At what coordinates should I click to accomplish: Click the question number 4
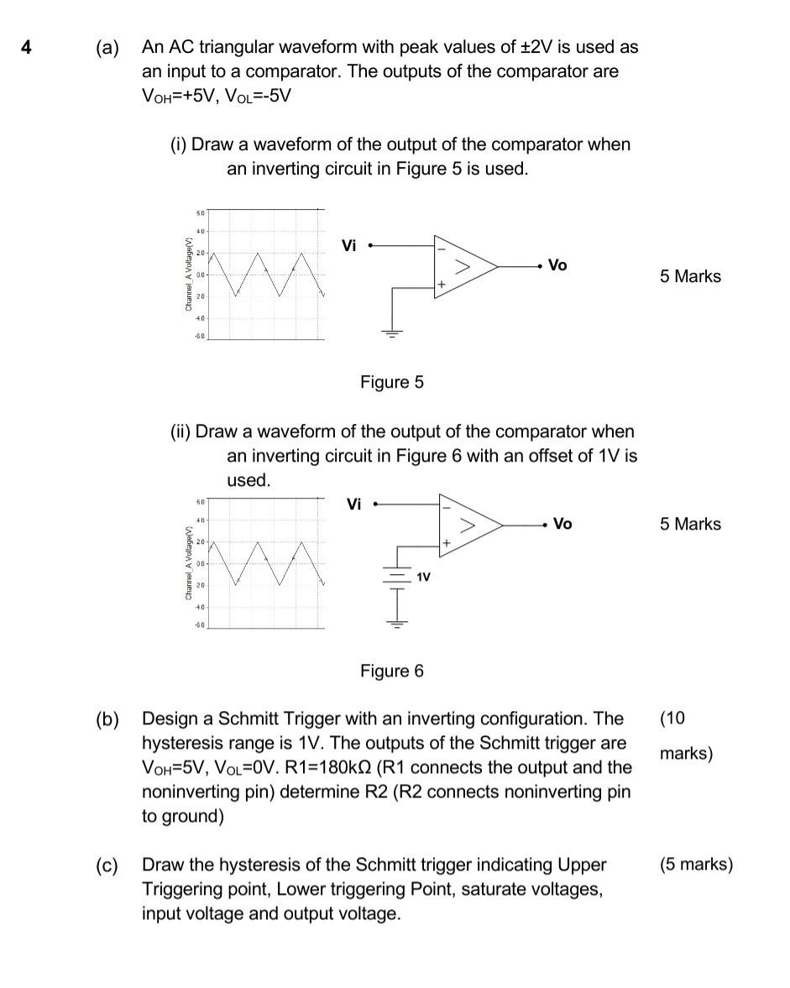click(x=27, y=48)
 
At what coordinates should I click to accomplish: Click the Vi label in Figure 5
click(x=349, y=246)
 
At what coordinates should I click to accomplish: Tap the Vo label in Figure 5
click(x=557, y=265)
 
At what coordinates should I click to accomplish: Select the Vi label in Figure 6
click(x=354, y=504)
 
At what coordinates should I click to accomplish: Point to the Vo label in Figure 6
click(x=562, y=524)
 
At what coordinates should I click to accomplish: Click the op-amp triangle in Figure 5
click(x=462, y=266)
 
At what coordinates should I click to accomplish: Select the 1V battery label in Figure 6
click(x=424, y=578)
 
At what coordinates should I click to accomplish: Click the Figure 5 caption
click(x=392, y=383)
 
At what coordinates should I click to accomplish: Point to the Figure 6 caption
click(x=392, y=672)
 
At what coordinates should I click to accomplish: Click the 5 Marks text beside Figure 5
click(x=690, y=277)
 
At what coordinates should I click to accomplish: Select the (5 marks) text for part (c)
click(x=696, y=865)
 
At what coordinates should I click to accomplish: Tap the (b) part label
click(x=107, y=719)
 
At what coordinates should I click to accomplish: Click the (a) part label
click(x=107, y=48)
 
